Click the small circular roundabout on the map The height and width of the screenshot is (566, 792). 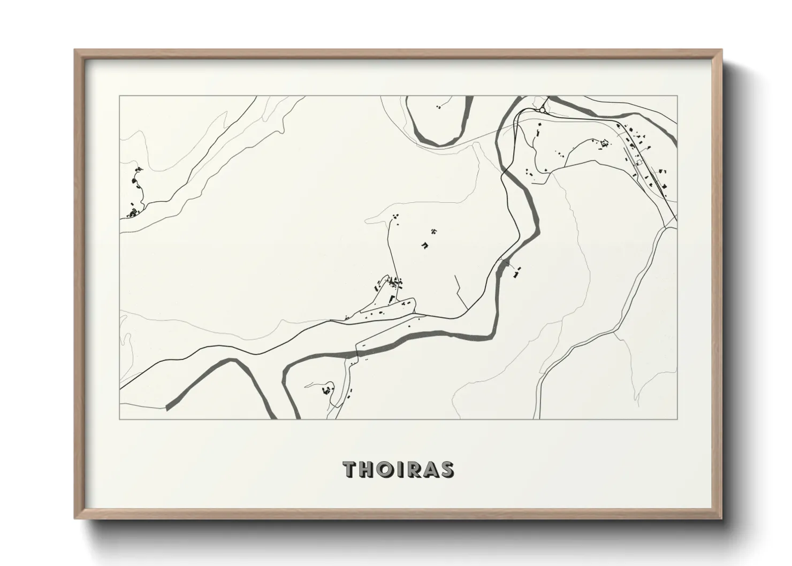pyautogui.click(x=542, y=110)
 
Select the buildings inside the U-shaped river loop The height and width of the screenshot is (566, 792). pyautogui.click(x=439, y=107)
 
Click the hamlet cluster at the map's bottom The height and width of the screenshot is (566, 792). pyautogui.click(x=324, y=391)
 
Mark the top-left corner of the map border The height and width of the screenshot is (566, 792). pyautogui.click(x=120, y=96)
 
